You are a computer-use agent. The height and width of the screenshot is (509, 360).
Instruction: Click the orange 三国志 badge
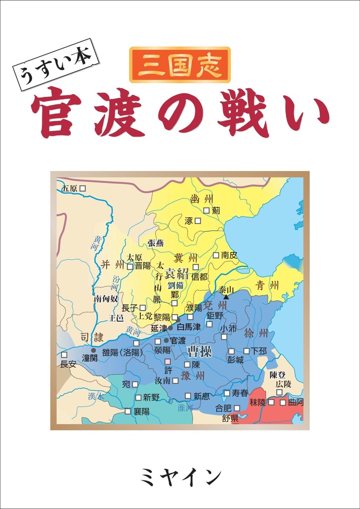pos(180,65)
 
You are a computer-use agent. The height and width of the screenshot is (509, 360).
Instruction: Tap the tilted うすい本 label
pos(59,65)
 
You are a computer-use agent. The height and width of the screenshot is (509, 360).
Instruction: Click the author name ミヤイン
pos(180,477)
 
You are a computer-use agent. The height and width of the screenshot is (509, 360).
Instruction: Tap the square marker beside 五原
pos(83,188)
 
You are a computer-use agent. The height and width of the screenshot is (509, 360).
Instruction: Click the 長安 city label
pos(68,364)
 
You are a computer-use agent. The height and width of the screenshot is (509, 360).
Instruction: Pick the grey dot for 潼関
pos(93,350)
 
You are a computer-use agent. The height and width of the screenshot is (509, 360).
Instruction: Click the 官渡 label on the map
pos(178,340)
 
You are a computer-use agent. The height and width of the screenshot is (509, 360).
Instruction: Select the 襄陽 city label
pos(141,412)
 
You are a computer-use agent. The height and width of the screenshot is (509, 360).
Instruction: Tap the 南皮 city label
pos(229,255)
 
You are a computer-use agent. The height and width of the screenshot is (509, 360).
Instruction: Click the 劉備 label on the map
pos(176,285)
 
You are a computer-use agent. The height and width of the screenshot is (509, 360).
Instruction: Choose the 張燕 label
pos(155,243)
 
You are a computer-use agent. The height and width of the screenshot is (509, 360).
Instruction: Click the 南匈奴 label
pos(106,299)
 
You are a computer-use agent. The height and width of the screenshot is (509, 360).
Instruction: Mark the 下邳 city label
pos(259,350)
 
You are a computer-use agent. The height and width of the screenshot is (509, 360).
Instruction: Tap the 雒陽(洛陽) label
pos(122,352)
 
